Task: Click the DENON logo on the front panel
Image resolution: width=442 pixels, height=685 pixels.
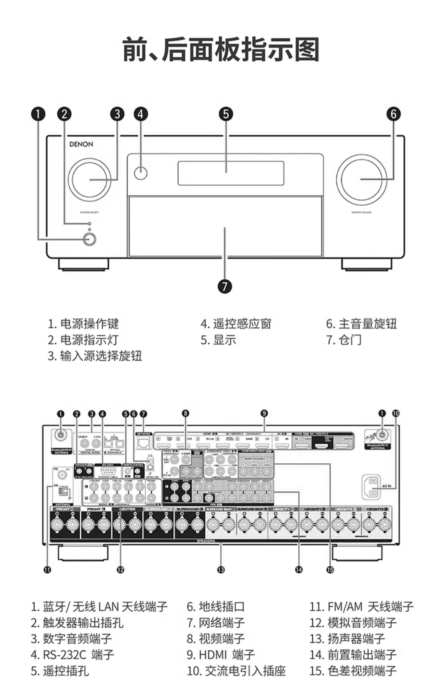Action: (x=81, y=144)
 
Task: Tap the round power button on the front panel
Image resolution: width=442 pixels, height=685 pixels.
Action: (x=90, y=239)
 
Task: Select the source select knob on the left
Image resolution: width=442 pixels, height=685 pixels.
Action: (x=89, y=179)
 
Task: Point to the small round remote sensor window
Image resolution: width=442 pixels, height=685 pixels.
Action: (x=141, y=173)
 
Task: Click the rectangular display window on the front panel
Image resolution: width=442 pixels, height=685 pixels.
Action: (x=231, y=173)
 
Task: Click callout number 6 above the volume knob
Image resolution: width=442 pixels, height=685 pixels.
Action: (x=394, y=114)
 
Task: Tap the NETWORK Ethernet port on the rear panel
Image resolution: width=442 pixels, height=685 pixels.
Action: (x=143, y=443)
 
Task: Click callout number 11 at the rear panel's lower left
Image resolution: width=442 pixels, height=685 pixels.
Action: (x=47, y=570)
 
